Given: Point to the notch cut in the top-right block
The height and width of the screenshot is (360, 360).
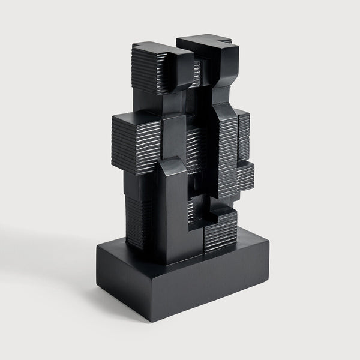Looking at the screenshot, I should coord(224,41).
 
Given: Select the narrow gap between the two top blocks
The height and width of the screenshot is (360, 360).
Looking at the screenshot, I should coord(197,66).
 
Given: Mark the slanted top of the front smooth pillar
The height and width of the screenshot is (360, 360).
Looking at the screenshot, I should coord(171,165).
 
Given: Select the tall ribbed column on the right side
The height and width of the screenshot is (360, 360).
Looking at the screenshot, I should coord(227,150).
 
